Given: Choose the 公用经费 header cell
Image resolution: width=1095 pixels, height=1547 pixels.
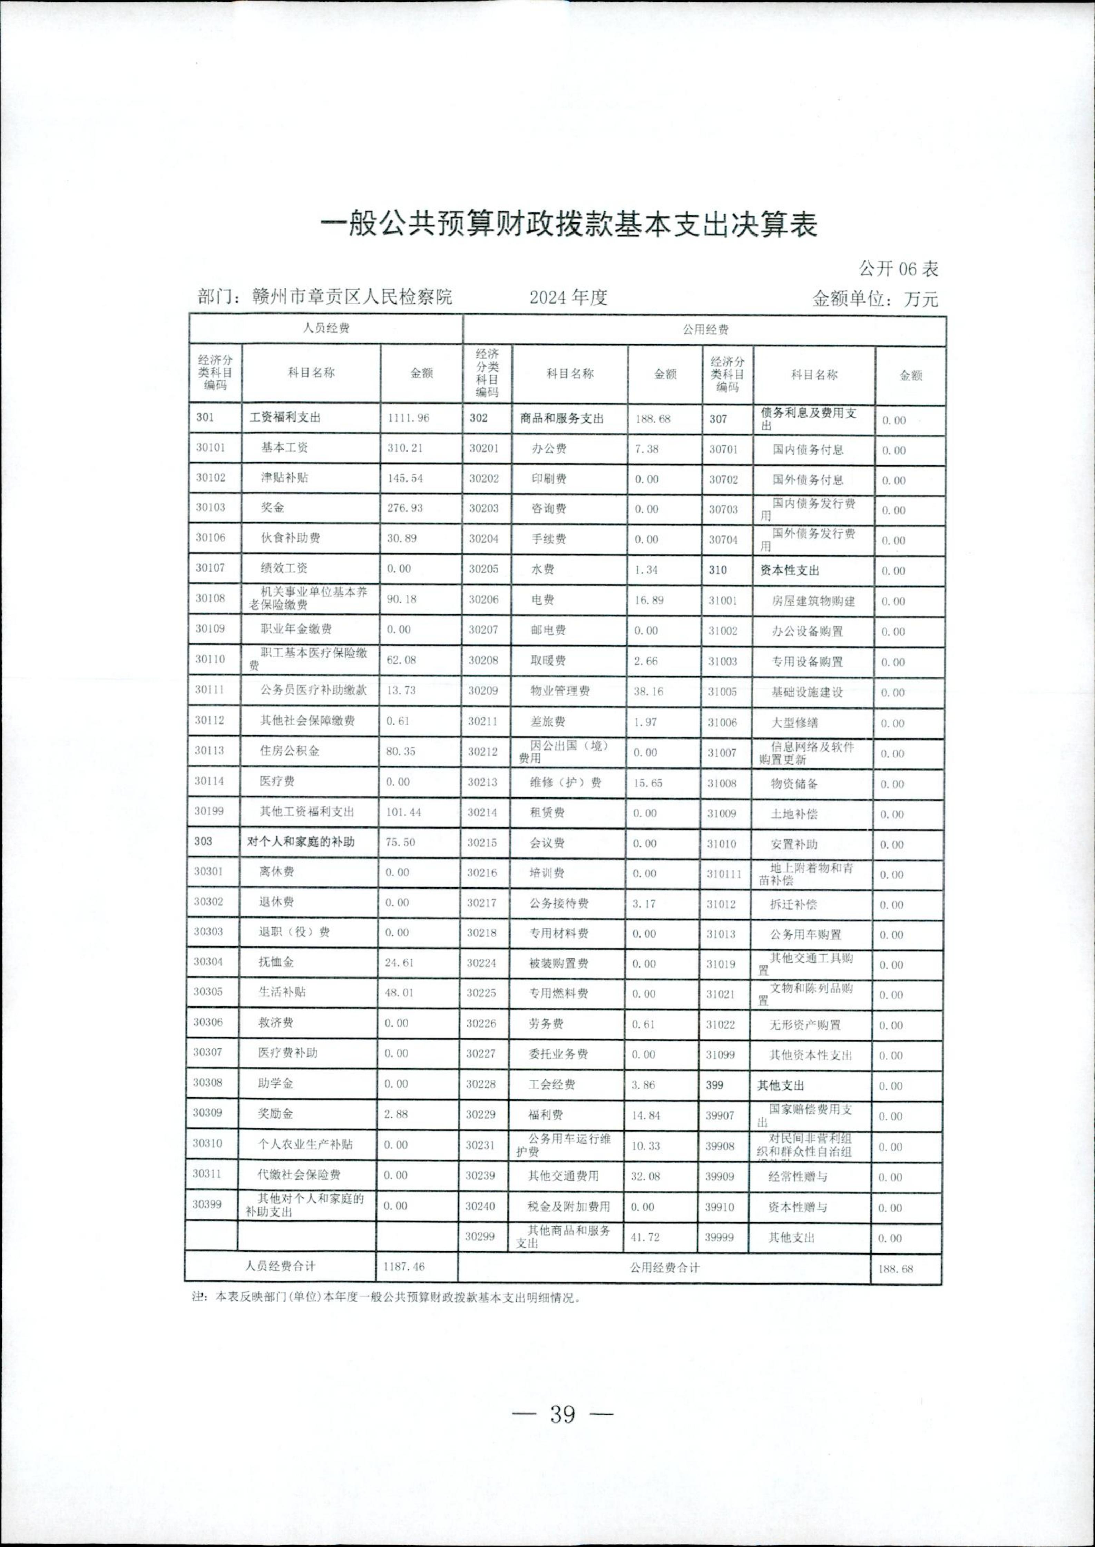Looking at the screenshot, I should point(705,329).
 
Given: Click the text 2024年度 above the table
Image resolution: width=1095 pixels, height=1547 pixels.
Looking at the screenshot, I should point(568,297).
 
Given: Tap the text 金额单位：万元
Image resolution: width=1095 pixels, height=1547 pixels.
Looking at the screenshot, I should point(875,298).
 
